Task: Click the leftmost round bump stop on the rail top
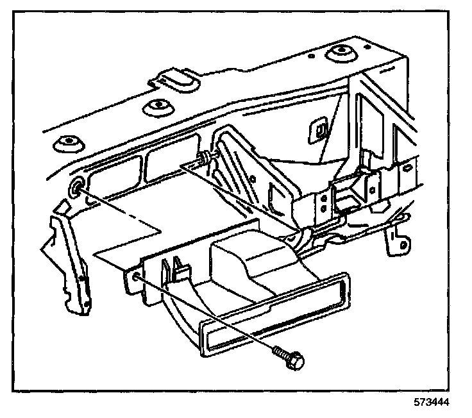(x=67, y=142)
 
